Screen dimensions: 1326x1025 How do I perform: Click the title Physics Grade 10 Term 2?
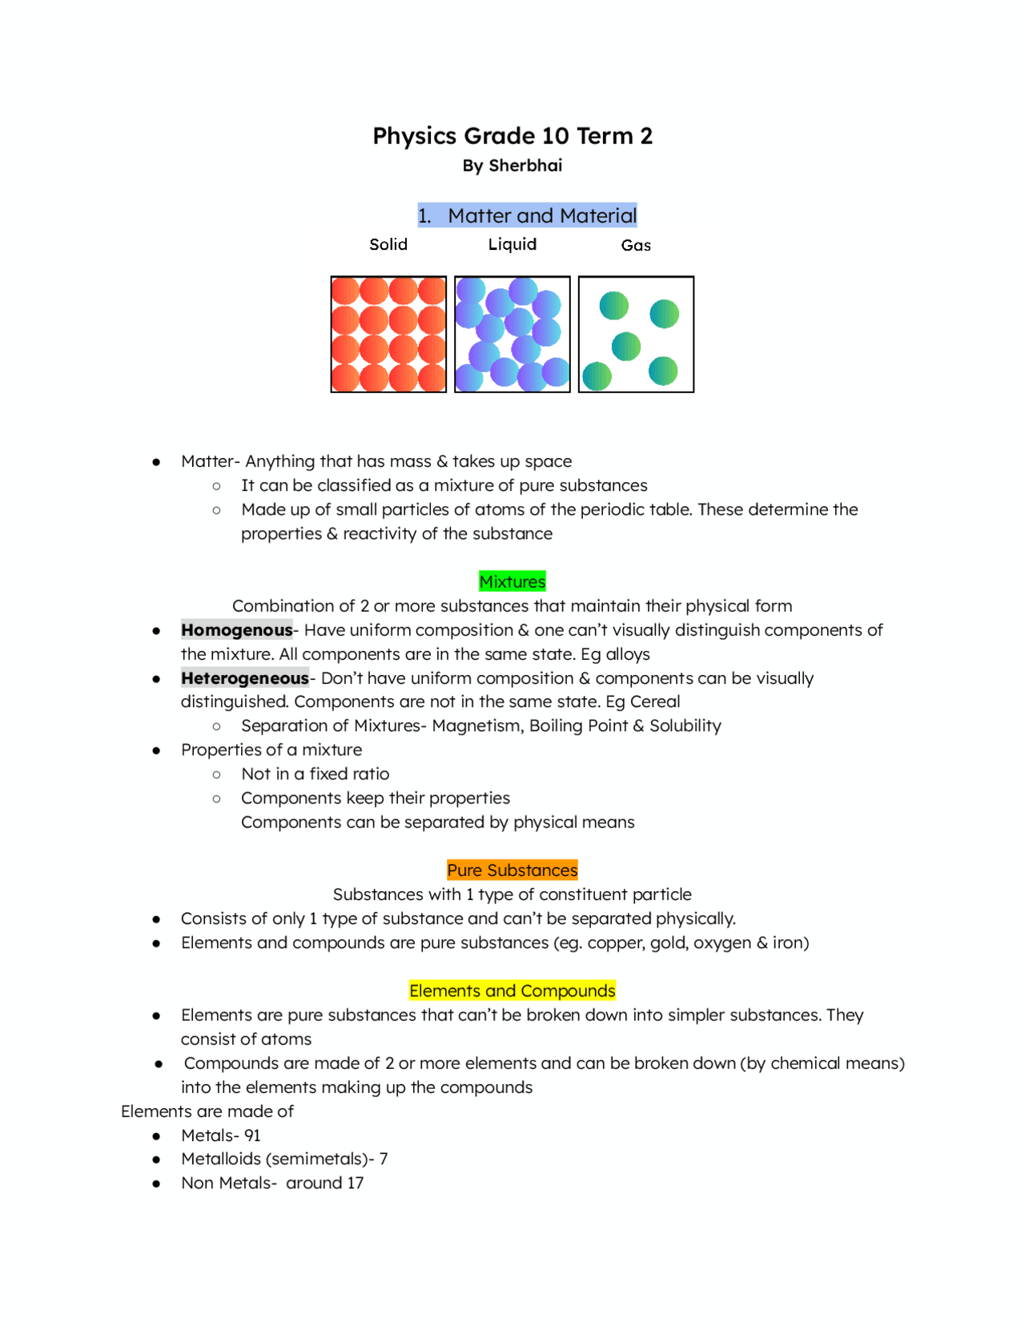point(512,136)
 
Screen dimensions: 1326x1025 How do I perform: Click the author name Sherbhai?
point(525,166)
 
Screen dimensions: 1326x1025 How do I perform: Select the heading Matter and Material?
point(541,215)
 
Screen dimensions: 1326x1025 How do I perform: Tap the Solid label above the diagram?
point(388,244)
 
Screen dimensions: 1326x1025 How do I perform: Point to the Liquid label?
point(512,244)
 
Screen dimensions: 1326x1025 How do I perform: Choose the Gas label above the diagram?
point(636,245)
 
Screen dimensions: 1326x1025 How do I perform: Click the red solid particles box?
point(388,334)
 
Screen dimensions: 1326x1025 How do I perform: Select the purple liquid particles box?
point(512,334)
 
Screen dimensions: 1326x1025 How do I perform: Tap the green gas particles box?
point(636,334)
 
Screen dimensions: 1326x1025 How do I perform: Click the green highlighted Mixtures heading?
point(512,581)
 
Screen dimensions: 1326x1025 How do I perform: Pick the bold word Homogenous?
point(237,630)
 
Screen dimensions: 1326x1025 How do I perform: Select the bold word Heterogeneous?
point(245,678)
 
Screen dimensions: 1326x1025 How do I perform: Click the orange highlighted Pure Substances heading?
point(512,870)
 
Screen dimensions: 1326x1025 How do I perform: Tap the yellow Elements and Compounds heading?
point(512,990)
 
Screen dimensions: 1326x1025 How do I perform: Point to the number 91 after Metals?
point(252,1135)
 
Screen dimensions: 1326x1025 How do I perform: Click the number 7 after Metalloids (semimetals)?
point(384,1159)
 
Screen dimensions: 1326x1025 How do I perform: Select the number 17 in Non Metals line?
point(355,1183)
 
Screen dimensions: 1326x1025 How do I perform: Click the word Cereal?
point(655,701)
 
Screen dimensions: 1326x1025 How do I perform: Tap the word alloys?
point(628,654)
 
